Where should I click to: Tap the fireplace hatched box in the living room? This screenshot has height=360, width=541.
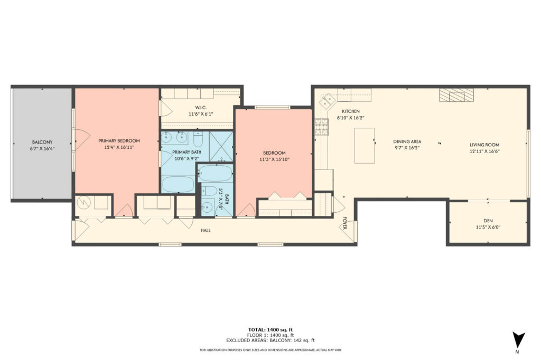pos(456,95)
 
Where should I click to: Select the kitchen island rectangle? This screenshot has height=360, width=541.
pos(365,145)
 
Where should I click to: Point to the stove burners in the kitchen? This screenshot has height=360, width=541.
pos(321,126)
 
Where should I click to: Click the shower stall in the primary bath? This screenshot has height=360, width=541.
pos(221,146)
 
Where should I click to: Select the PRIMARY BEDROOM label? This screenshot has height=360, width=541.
pos(119,140)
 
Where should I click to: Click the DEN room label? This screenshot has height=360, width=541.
pos(488,221)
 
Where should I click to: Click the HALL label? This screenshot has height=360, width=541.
pos(206,231)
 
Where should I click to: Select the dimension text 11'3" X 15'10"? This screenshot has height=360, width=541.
pos(274,159)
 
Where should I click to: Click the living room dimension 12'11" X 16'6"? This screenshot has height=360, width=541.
pos(484,151)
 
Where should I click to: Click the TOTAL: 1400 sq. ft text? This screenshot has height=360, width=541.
pos(270,329)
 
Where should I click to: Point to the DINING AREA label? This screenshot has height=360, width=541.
pos(407,141)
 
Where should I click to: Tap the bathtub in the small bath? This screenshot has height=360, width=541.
pos(214,174)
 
